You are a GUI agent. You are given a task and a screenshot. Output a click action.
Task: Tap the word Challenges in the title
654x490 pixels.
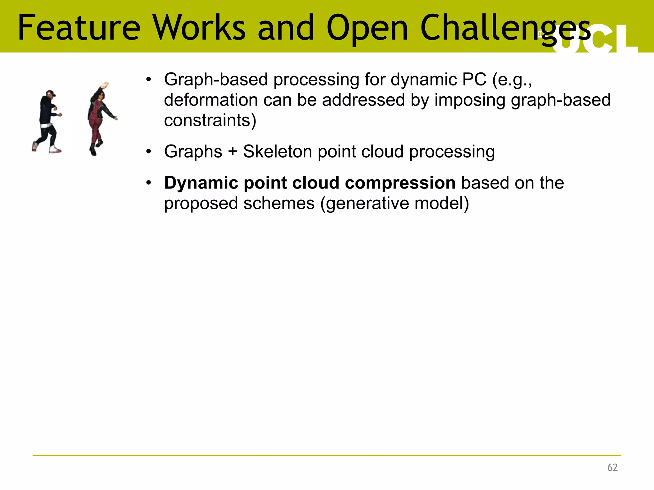click(505, 29)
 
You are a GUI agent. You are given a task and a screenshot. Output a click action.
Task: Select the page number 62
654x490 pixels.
click(612, 467)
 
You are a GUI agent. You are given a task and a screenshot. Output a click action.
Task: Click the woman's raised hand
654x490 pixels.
click(104, 85)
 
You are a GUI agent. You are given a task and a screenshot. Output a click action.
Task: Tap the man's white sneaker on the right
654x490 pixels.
click(55, 149)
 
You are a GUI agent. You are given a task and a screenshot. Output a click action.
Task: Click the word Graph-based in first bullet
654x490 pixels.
click(216, 79)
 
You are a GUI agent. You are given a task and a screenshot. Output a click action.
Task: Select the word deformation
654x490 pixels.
click(211, 100)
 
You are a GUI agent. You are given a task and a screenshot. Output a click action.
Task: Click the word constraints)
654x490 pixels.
click(210, 121)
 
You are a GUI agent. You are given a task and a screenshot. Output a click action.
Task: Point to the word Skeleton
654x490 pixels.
click(277, 152)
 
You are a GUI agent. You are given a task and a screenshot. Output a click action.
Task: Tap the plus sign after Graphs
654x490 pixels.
click(232, 152)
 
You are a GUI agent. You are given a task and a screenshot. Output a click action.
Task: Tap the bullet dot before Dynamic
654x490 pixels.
click(148, 183)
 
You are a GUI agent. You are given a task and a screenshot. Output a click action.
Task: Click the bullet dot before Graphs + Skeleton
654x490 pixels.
click(148, 152)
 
